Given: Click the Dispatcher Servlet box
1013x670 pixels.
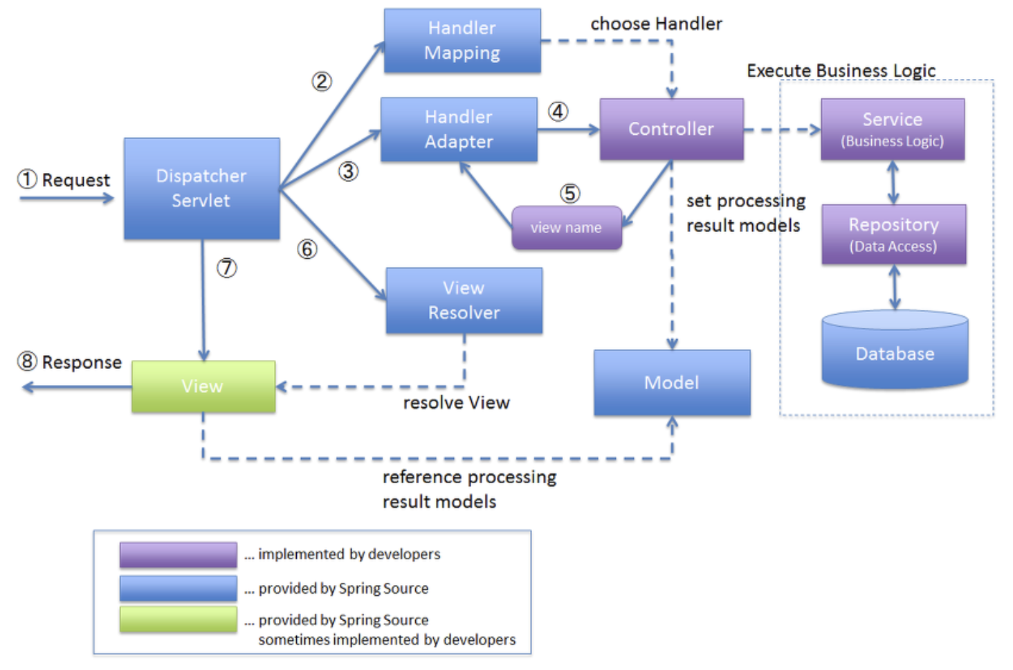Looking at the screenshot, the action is pos(201,188).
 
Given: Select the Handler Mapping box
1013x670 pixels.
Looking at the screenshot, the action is pos(462,40).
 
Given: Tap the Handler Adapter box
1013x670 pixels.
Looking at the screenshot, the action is pos(459,129).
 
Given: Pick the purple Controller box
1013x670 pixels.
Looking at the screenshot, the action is pos(672,129).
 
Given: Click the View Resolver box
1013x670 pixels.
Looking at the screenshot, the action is pos(464,300).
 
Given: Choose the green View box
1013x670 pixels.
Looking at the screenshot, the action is pos(203,386).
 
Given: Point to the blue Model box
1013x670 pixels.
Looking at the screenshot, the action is pos(672,383).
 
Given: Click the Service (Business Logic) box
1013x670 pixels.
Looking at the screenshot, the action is pos(893,129).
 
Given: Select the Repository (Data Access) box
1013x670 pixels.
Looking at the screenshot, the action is pos(894,235).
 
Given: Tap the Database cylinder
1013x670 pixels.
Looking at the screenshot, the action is pos(895,350).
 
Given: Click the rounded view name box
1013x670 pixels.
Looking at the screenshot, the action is pos(567,228).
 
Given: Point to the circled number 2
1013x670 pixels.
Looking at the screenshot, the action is pos(322,82).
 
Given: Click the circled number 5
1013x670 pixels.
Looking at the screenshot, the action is pos(570,194).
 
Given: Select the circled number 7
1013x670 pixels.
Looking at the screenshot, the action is pos(226,268).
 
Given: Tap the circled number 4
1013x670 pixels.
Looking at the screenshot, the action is pos(558,111).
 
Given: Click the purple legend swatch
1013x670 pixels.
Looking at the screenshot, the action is pos(179,554).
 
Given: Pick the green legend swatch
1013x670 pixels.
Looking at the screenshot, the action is pos(179,619).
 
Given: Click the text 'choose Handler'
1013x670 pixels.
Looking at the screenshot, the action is pos(656,24).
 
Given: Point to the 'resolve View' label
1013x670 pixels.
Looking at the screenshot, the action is pos(456,403).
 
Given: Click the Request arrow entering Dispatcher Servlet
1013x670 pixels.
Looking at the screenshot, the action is pos(67,198).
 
